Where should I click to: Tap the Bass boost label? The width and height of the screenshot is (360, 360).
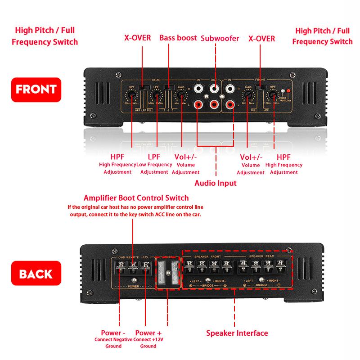pos(178,38)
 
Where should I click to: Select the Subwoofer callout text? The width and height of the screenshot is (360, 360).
pos(220,38)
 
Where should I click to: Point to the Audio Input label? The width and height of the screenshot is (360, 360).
pos(215,183)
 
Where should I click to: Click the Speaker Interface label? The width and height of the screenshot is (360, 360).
pos(237,333)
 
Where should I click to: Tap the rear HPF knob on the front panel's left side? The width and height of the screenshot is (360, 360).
pos(132,95)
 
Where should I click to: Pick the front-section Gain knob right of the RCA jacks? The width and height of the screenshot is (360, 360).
pos(247,95)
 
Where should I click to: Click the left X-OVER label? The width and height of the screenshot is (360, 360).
pos(138,38)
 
